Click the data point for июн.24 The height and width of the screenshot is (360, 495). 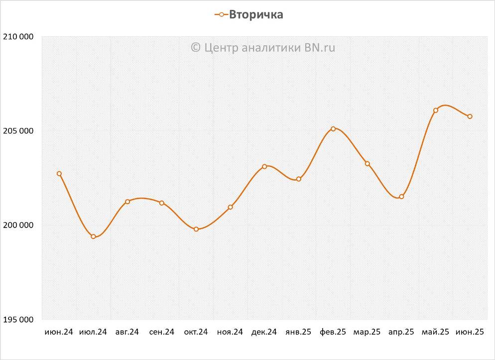59,174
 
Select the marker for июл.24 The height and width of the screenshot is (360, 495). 93,237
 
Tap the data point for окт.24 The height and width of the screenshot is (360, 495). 196,229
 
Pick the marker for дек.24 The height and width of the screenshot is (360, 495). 264,166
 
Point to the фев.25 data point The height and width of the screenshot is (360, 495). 333,129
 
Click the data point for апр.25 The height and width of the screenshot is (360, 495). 401,197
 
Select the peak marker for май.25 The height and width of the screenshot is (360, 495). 435,111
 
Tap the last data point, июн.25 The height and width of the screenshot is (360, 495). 470,117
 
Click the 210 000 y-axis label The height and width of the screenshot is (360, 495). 18,37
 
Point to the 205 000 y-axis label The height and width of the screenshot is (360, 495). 18,131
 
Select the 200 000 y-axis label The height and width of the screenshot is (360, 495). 18,225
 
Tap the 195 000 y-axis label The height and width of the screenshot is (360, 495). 18,319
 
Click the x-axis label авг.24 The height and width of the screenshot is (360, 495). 127,332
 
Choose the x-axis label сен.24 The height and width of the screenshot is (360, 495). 162,332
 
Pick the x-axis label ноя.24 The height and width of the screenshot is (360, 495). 230,332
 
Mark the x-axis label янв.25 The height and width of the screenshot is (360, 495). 298,332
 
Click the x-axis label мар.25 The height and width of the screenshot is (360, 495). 367,332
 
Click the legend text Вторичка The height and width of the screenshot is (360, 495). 256,14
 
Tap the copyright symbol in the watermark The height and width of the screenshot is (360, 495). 195,47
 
